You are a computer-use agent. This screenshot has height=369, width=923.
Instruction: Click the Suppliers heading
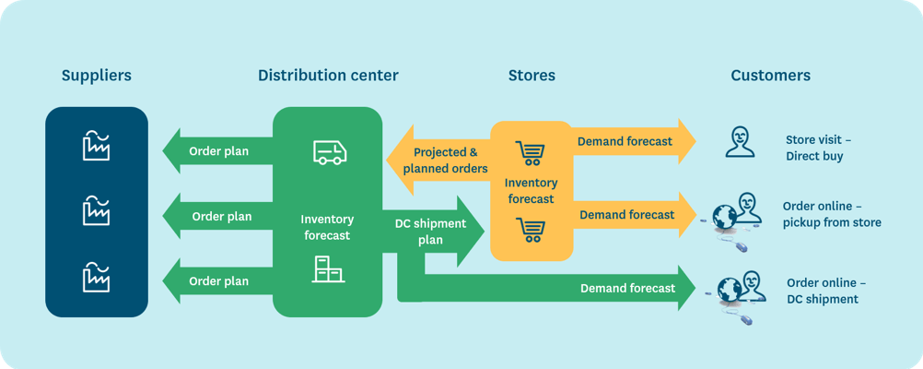[97, 76]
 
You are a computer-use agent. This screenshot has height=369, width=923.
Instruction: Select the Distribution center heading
[328, 76]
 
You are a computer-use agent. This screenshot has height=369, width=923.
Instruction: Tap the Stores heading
[532, 76]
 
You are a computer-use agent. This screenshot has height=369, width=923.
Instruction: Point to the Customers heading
[770, 76]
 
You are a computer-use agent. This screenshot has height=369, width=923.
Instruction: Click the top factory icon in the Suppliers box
[96, 146]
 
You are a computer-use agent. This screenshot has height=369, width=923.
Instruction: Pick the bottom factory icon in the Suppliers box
[96, 277]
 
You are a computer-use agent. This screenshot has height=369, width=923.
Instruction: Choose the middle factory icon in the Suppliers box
[96, 210]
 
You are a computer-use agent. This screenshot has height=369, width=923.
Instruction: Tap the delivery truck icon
[330, 152]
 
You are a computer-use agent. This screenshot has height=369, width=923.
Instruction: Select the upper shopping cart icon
[530, 152]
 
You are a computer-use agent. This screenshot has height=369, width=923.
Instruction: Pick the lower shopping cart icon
[530, 230]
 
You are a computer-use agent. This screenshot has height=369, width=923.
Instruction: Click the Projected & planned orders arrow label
[450, 161]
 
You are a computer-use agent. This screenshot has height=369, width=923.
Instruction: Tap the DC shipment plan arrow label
[430, 232]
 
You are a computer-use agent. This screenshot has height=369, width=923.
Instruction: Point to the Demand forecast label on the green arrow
[627, 288]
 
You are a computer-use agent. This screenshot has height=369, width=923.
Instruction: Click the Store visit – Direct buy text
[818, 148]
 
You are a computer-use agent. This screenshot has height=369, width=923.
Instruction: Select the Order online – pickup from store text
[832, 214]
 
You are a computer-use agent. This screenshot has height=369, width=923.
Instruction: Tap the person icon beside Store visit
[740, 142]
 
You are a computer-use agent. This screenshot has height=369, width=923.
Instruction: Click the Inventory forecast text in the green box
[327, 227]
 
